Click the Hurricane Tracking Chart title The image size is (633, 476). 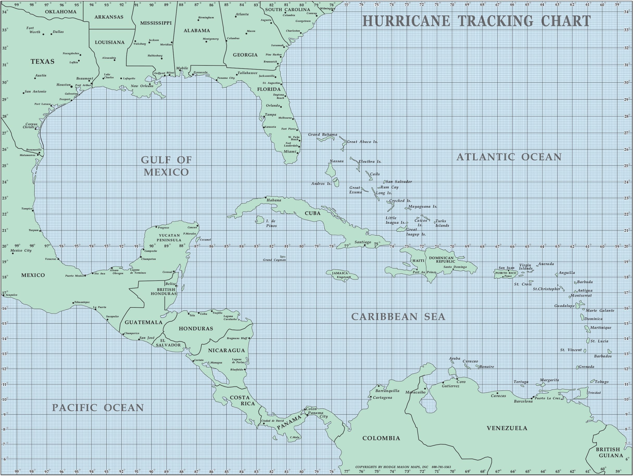[476, 21]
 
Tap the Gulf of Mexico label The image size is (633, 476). [166, 166]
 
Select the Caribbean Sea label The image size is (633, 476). [398, 317]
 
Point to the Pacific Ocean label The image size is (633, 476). [98, 407]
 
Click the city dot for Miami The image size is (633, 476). [297, 153]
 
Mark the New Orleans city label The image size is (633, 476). [142, 86]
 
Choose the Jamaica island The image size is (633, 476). [342, 275]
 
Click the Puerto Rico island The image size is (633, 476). [506, 273]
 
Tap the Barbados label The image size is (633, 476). [603, 356]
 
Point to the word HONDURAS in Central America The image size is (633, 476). [196, 329]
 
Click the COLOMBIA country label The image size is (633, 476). [381, 438]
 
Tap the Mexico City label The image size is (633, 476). [21, 250]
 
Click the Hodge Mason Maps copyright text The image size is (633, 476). [403, 467]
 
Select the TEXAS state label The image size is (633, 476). [42, 61]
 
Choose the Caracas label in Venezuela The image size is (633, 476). [498, 396]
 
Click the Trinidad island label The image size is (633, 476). [594, 393]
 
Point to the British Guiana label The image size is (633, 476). [611, 453]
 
